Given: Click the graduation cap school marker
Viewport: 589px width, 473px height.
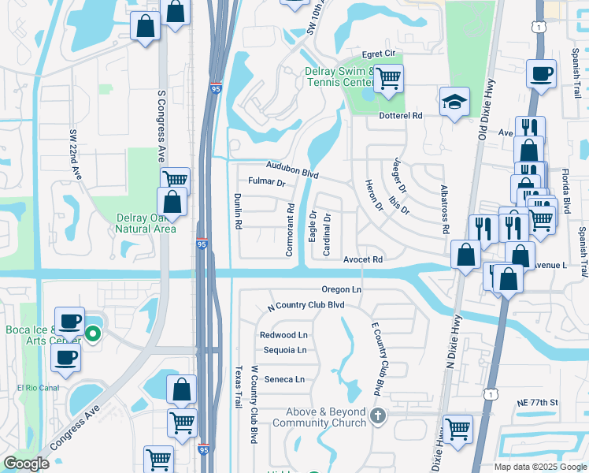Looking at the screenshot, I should pyautogui.click(x=454, y=102).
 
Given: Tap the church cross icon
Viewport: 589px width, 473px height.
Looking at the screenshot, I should pyautogui.click(x=377, y=415).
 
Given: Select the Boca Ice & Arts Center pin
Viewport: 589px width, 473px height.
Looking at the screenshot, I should pyautogui.click(x=93, y=333).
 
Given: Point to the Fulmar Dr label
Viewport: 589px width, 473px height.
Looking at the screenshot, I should pyautogui.click(x=266, y=182).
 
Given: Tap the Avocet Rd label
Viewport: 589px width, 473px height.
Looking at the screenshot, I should pyautogui.click(x=362, y=259).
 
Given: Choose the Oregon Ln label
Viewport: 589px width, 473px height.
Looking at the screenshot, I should pyautogui.click(x=341, y=289).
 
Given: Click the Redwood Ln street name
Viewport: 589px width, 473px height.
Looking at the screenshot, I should pyautogui.click(x=283, y=335).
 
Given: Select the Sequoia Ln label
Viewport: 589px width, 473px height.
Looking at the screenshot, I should pyautogui.click(x=283, y=349).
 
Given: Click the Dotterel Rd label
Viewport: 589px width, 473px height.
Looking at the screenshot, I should pyautogui.click(x=402, y=116).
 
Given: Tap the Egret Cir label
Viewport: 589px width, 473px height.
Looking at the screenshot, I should pyautogui.click(x=378, y=54).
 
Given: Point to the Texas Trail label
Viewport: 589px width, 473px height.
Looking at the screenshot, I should pyautogui.click(x=239, y=386).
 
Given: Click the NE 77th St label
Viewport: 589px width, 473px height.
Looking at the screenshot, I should pyautogui.click(x=537, y=403).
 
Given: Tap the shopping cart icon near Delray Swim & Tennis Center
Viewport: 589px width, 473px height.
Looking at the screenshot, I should pyautogui.click(x=388, y=78).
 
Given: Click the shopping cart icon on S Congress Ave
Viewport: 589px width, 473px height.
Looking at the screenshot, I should pyautogui.click(x=175, y=181).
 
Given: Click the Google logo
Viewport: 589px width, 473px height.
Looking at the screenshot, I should pyautogui.click(x=27, y=464).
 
